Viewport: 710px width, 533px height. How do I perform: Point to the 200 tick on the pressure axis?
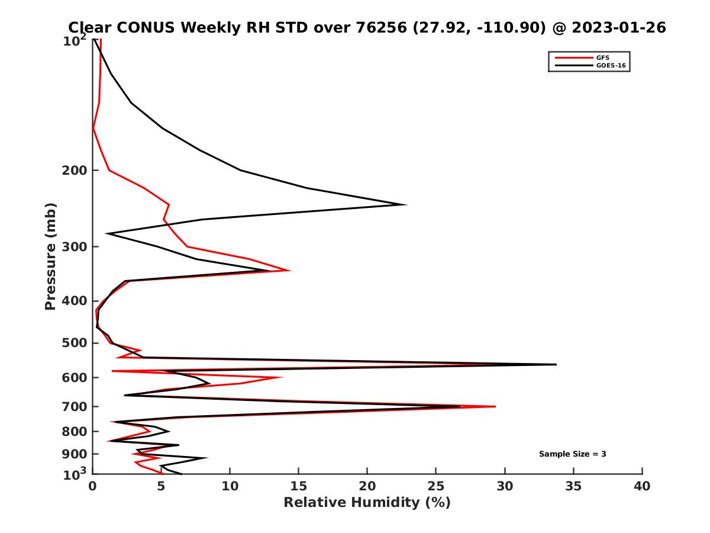pos(75,171)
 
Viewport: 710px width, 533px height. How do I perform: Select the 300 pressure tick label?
pos(75,246)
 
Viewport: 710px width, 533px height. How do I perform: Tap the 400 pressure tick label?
pos(75,301)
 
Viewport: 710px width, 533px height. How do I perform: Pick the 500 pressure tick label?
pos(75,343)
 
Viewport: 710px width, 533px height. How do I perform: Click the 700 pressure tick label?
pos(75,407)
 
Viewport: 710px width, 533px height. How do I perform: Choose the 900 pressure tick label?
pos(75,454)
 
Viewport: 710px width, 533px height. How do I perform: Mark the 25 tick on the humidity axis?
pos(436,486)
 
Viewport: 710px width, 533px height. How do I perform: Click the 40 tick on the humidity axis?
pos(642,486)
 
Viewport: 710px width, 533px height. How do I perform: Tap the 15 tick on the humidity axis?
pos(299,486)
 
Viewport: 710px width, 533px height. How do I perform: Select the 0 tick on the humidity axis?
pos(93,486)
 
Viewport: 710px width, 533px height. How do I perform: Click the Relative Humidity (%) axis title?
pos(367,503)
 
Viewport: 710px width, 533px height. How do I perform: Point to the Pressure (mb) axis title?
pos(50,256)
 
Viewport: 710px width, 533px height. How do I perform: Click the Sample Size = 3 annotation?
pos(572,454)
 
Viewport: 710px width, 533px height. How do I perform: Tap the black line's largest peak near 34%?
pos(556,364)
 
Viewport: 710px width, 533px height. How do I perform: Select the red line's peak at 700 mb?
pos(495,406)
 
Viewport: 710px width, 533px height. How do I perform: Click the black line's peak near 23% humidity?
pos(406,204)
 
